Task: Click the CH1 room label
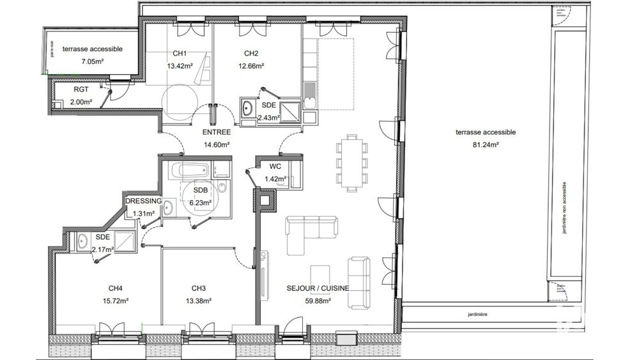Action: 179,54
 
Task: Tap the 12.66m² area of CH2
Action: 251,65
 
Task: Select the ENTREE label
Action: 216,132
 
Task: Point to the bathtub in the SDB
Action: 190,171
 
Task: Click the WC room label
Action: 275,167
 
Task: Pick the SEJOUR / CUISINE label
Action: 318,288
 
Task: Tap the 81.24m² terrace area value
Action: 486,145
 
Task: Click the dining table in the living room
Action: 352,162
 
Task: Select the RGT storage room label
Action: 81,90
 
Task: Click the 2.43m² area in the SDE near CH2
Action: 268,117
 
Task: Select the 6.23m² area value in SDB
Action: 200,203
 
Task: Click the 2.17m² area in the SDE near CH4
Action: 103,249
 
